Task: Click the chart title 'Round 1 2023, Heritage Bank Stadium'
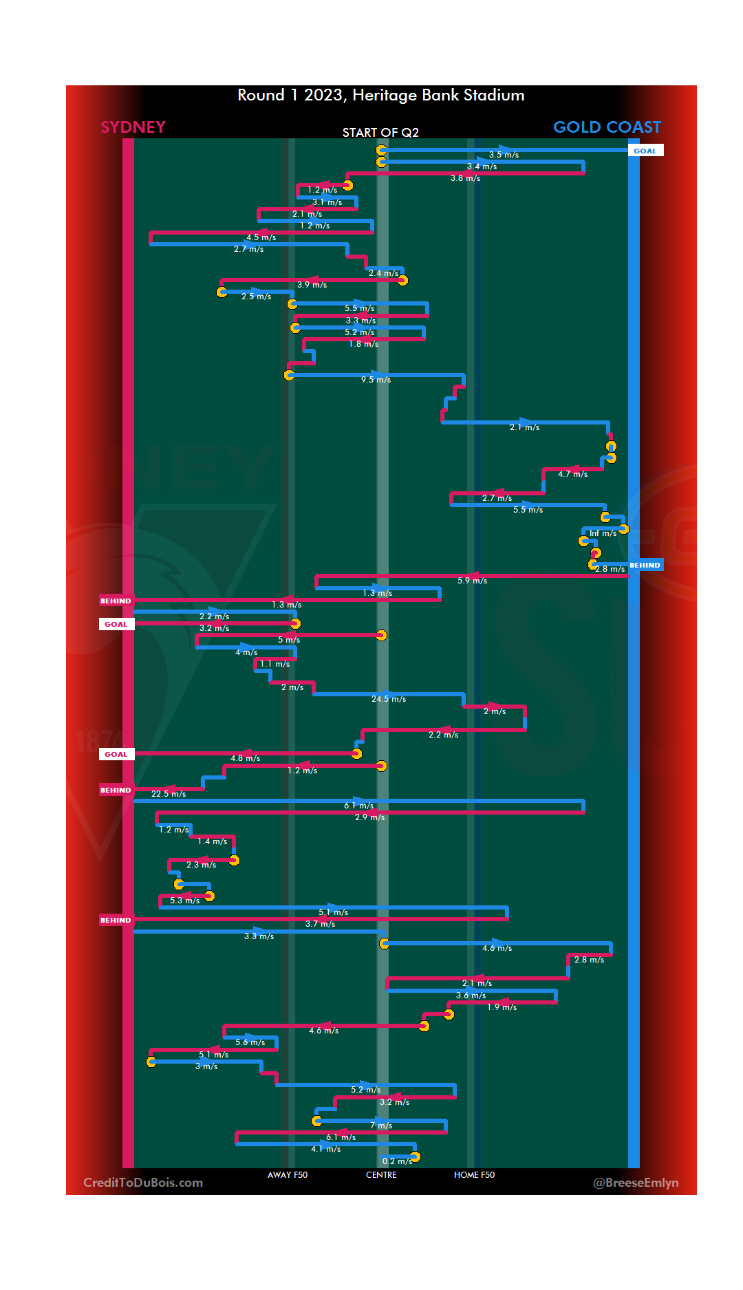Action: pos(380,95)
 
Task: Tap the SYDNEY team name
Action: pos(133,127)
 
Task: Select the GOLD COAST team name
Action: pos(607,127)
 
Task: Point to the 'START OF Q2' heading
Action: pos(380,132)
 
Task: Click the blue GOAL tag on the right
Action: pos(645,151)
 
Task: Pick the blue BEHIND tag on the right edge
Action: pos(645,565)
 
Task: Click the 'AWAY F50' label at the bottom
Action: pos(288,1174)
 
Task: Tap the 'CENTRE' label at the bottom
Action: pos(381,1174)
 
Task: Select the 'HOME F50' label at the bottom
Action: pos(474,1174)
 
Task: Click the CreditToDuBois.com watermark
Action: pos(143,1183)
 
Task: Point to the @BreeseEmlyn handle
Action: pos(636,1183)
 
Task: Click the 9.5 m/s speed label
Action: pos(376,380)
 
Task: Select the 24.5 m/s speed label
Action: pos(389,699)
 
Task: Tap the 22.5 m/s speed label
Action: pos(169,794)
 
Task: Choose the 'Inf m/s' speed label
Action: pos(603,533)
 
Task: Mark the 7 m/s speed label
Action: pos(381,1126)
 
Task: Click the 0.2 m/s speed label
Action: pos(397,1161)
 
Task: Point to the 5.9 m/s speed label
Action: pos(472,581)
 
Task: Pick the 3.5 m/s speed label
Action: pos(504,155)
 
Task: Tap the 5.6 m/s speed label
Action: pos(250,1042)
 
